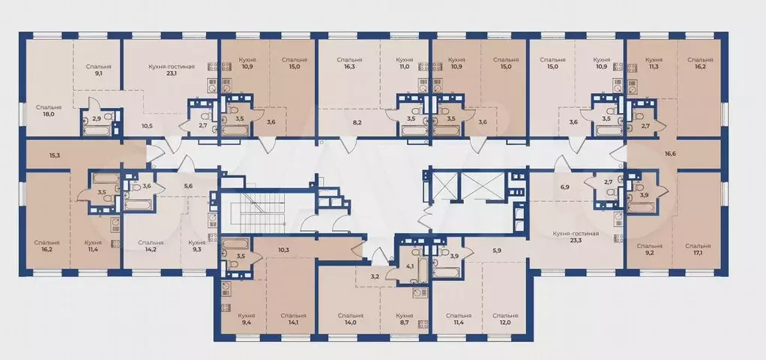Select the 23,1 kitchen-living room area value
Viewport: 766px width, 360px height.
coord(169,75)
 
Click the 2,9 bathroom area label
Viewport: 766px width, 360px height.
coord(96,118)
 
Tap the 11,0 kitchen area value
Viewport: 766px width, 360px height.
coord(404,67)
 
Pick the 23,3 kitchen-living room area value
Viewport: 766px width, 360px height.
coord(576,241)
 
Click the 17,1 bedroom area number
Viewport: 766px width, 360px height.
coord(698,253)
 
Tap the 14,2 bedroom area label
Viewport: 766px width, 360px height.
coord(151,250)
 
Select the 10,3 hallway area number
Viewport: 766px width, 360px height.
coord(284,250)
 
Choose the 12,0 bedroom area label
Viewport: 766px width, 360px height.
coord(504,323)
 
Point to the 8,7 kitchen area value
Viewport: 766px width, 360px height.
coord(405,323)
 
